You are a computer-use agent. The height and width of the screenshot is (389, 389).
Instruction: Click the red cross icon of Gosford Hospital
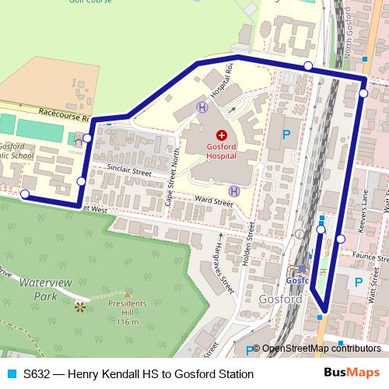[x=221, y=135]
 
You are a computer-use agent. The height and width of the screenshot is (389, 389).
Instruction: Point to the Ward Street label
[x=214, y=202]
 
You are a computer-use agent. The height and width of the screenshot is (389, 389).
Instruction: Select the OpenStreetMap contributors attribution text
[x=321, y=349]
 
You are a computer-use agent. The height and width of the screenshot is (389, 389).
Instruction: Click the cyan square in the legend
[x=9, y=374]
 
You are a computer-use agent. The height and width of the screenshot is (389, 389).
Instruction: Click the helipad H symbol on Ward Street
[x=233, y=191]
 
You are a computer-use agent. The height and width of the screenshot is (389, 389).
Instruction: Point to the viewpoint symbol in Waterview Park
[x=78, y=307]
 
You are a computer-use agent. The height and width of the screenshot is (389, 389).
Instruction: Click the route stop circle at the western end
[x=26, y=194]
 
